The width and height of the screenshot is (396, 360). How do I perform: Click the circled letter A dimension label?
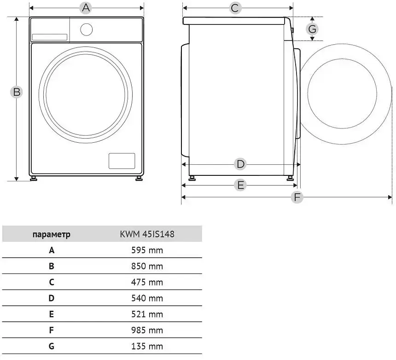tap(86, 8)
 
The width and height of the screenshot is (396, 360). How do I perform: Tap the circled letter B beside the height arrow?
tap(17, 92)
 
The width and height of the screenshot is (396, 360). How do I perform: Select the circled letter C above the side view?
tap(235, 8)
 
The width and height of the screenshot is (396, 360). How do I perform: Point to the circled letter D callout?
tap(240, 164)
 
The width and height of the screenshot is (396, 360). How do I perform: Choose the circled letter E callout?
tap(240, 185)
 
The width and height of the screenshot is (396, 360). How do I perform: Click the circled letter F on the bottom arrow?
tap(297, 197)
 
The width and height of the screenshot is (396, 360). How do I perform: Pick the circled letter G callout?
tap(312, 29)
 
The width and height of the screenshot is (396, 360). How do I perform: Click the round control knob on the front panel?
tap(87, 29)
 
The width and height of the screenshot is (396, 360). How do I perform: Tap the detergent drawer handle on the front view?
tap(50, 37)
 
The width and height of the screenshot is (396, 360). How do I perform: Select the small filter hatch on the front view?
tap(122, 161)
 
